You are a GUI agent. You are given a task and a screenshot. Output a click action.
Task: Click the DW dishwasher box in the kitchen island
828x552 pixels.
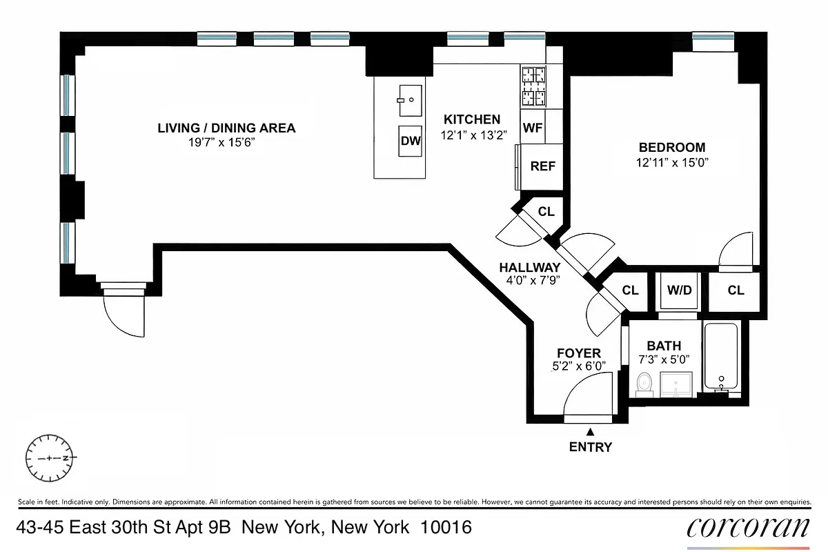(x=410, y=141)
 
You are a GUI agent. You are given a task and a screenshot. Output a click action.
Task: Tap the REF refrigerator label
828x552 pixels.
(x=542, y=166)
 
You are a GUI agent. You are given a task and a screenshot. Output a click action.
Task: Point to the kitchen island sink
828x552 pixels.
(x=410, y=100)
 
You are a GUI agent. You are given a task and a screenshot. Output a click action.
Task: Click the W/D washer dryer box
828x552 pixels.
(x=679, y=290)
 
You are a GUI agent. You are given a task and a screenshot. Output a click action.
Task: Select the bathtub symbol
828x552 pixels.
(x=721, y=357)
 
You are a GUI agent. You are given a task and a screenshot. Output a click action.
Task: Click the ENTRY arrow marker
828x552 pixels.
(x=590, y=431)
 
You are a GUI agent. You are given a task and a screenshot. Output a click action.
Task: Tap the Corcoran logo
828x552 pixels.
(x=748, y=528)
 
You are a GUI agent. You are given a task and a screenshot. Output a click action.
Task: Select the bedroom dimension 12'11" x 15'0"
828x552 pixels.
(x=672, y=163)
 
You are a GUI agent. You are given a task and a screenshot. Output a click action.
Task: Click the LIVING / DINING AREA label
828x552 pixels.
(x=226, y=128)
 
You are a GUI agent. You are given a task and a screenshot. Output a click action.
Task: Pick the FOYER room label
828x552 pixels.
(x=578, y=353)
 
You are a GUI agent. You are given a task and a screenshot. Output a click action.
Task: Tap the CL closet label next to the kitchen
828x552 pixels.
(x=546, y=212)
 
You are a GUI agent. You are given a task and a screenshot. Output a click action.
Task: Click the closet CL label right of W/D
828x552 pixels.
(x=736, y=290)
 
